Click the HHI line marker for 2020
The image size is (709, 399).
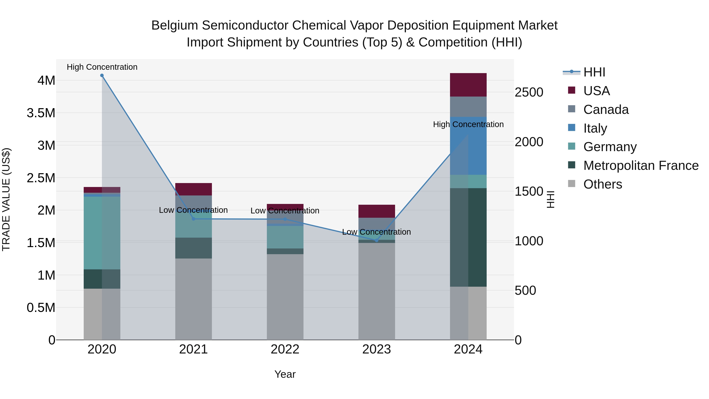point(102,75)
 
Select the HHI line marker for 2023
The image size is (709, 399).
point(377,240)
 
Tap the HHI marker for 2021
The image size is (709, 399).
point(193,219)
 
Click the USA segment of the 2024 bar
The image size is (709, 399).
point(468,85)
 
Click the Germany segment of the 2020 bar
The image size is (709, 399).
point(102,233)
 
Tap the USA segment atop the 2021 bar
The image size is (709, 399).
point(193,189)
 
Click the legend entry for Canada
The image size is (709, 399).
point(606,110)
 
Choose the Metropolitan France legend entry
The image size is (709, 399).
point(640,166)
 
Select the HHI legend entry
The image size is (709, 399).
point(594,72)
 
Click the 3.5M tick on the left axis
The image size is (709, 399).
point(41,113)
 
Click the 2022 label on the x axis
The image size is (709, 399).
point(285,349)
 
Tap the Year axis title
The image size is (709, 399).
point(285,374)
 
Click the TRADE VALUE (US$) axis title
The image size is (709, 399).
point(6,199)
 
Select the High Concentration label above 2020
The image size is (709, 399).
point(102,67)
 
